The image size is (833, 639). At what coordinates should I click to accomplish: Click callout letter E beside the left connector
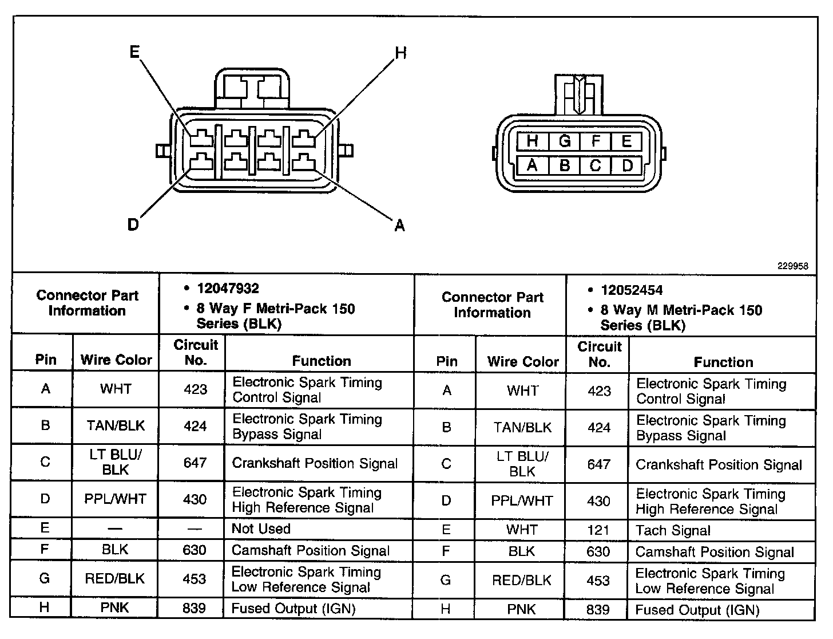click(x=134, y=53)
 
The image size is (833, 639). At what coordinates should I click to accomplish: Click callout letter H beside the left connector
click(x=401, y=53)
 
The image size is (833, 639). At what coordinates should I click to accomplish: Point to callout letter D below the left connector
click(x=133, y=225)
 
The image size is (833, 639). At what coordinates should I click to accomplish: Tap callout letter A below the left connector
click(x=400, y=226)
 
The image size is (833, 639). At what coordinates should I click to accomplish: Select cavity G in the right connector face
click(x=565, y=141)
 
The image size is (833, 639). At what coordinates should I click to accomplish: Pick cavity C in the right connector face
click(x=596, y=165)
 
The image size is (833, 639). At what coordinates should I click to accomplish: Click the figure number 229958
click(x=792, y=266)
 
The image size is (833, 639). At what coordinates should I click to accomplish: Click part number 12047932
click(x=228, y=289)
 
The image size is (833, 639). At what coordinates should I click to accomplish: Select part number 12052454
click(x=632, y=290)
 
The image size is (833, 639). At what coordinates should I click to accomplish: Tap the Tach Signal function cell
click(x=673, y=531)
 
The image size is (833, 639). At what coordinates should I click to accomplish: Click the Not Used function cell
click(x=261, y=529)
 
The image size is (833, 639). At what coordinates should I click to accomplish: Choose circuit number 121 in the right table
click(x=598, y=530)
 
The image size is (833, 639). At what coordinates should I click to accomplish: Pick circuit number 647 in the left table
click(x=195, y=463)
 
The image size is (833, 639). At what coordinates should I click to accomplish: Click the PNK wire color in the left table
click(x=115, y=608)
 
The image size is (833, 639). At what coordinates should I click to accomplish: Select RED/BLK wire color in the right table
click(x=522, y=581)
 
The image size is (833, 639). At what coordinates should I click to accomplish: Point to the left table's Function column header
click(x=322, y=361)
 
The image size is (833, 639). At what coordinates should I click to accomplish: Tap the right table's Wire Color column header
click(x=523, y=362)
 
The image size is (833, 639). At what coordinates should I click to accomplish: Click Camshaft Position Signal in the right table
click(x=715, y=553)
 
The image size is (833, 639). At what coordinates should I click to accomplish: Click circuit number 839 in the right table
click(x=598, y=610)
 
